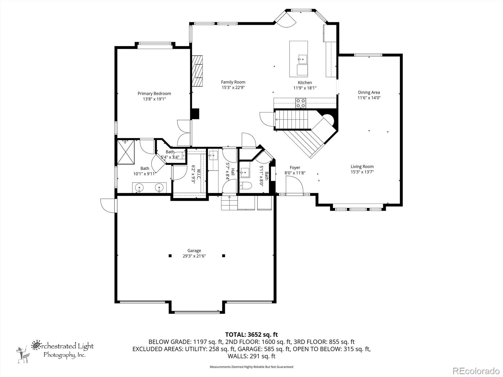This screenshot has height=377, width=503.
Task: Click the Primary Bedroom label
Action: (154, 93)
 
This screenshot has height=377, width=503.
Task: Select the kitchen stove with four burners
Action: (301, 103)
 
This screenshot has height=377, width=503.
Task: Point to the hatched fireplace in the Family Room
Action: (197, 71)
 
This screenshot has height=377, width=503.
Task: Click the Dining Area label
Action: (369, 92)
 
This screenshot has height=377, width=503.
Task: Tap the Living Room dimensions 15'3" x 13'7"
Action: (362, 172)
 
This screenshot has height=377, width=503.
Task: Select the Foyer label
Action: (295, 167)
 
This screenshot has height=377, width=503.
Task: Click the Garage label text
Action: (194, 250)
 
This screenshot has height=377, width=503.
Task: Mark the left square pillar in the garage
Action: (170, 256)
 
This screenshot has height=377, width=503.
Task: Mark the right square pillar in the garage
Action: (224, 256)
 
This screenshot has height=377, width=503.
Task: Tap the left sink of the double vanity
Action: (139, 188)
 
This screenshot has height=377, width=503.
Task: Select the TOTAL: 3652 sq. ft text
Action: (251, 335)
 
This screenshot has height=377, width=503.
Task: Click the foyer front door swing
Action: (295, 185)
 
